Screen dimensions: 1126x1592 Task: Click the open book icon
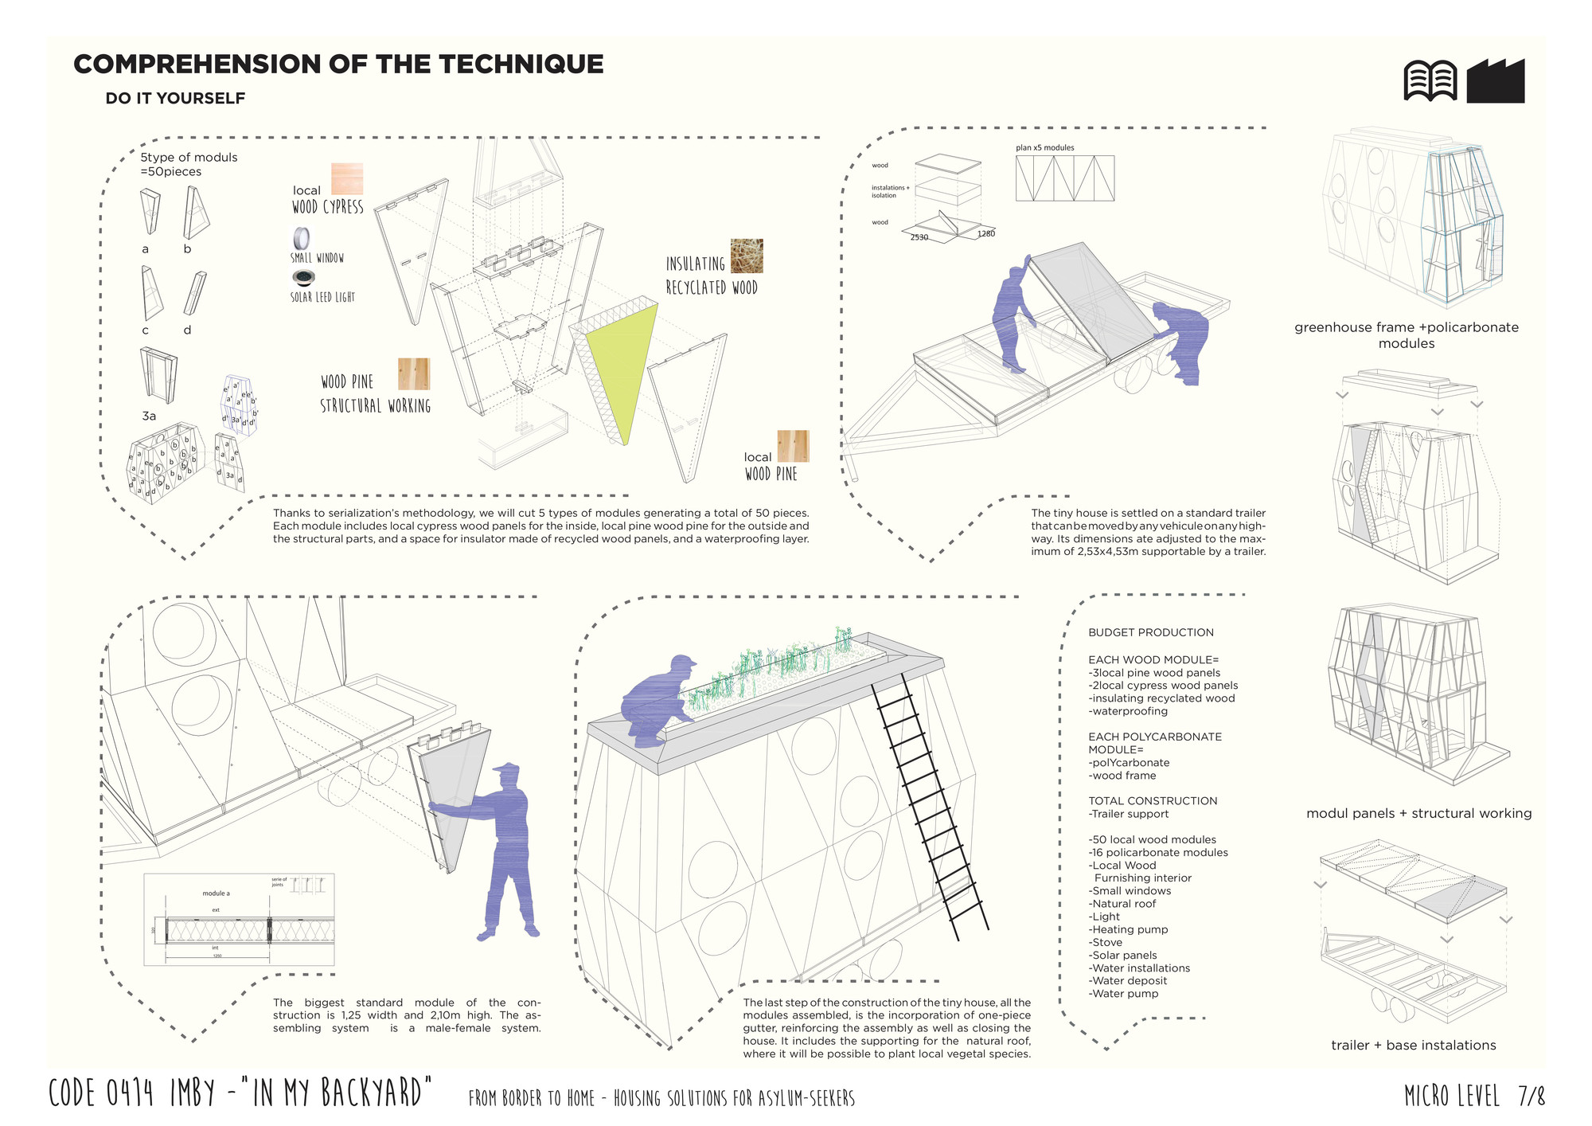(1430, 81)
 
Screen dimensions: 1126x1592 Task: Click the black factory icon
(1496, 81)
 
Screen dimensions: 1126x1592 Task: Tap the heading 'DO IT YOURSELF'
(175, 98)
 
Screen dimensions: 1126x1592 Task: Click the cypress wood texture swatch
(347, 179)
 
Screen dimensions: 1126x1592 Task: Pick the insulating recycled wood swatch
(747, 256)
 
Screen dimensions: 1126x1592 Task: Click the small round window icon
(302, 238)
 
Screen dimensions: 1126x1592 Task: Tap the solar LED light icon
(303, 278)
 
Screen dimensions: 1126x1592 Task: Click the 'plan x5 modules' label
(1044, 148)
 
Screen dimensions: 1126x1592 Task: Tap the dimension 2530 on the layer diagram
(919, 237)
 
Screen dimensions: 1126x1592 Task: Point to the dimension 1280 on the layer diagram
(986, 233)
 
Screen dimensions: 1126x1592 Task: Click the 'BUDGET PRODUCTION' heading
(1151, 632)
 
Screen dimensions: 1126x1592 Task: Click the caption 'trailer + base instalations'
(1413, 1045)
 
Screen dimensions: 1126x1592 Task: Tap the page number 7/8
(1531, 1097)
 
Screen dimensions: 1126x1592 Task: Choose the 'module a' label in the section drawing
(216, 893)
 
